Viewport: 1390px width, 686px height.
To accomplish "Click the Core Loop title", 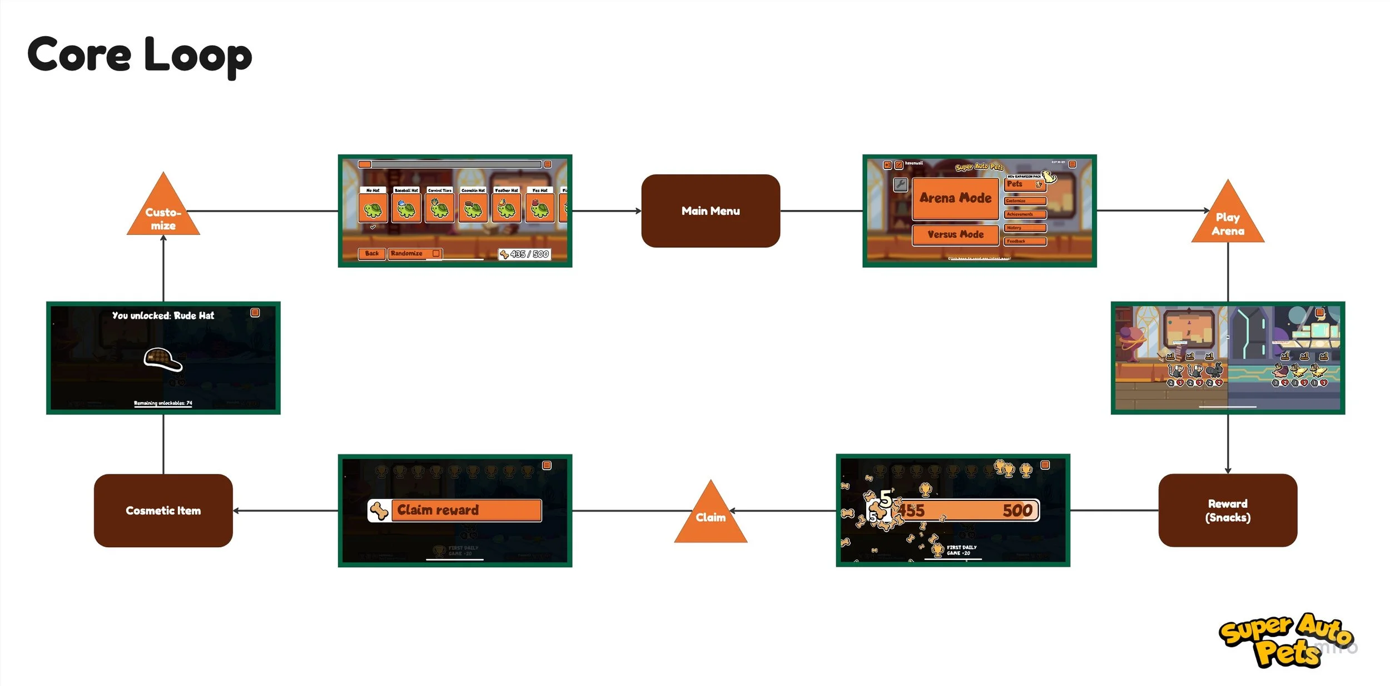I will (x=139, y=55).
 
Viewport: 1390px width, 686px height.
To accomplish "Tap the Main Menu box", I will (x=710, y=211).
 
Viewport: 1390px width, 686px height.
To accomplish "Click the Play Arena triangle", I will (x=1227, y=219).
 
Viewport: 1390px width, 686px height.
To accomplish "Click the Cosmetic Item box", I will (x=163, y=510).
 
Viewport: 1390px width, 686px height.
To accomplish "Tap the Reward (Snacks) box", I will (x=1227, y=510).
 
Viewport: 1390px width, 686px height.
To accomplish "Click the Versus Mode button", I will (x=955, y=234).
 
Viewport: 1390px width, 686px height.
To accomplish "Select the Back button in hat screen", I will (x=371, y=254).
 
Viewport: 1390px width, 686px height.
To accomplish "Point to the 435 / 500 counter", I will (x=524, y=254).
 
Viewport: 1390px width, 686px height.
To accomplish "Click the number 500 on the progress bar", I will (x=1017, y=510).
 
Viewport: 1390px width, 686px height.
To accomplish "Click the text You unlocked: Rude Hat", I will (x=163, y=316).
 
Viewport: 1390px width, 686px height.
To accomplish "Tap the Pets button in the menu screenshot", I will (x=1024, y=184).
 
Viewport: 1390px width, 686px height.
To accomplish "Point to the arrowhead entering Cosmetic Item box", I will (x=236, y=510).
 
